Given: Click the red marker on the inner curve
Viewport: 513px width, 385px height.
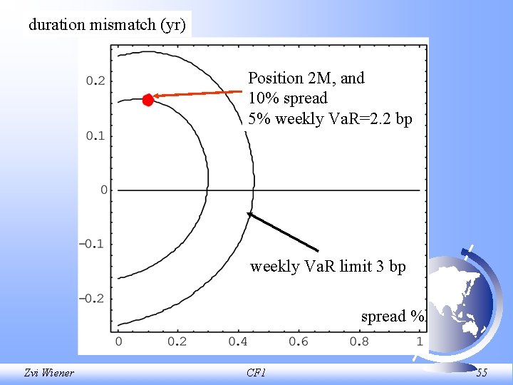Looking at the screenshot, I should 147,100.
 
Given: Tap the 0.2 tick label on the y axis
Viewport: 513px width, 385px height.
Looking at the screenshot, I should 95,81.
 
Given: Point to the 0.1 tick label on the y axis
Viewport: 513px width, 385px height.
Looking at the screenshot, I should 95,135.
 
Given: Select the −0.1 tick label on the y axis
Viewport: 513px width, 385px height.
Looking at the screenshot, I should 92,244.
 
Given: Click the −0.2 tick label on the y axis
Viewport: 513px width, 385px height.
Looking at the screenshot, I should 92,298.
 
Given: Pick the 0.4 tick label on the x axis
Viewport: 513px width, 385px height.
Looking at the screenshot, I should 238,342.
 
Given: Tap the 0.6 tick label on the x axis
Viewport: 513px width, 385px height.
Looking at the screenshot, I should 299,342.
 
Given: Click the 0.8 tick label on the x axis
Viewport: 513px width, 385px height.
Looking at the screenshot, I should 358,342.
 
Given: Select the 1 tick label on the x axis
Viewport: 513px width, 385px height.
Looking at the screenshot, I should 418,342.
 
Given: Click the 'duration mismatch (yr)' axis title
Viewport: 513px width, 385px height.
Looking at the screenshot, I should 107,25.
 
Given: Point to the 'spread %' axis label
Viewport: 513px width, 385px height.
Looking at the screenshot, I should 393,316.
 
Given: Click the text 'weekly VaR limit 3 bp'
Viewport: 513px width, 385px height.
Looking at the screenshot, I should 328,267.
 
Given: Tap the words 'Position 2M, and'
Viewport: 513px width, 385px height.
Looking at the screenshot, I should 306,78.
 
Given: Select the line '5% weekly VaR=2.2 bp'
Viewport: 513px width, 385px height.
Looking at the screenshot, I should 330,118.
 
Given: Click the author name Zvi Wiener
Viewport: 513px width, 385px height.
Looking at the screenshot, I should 48,372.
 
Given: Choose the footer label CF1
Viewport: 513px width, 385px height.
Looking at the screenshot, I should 256,372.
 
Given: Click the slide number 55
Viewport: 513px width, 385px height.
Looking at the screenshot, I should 482,372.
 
